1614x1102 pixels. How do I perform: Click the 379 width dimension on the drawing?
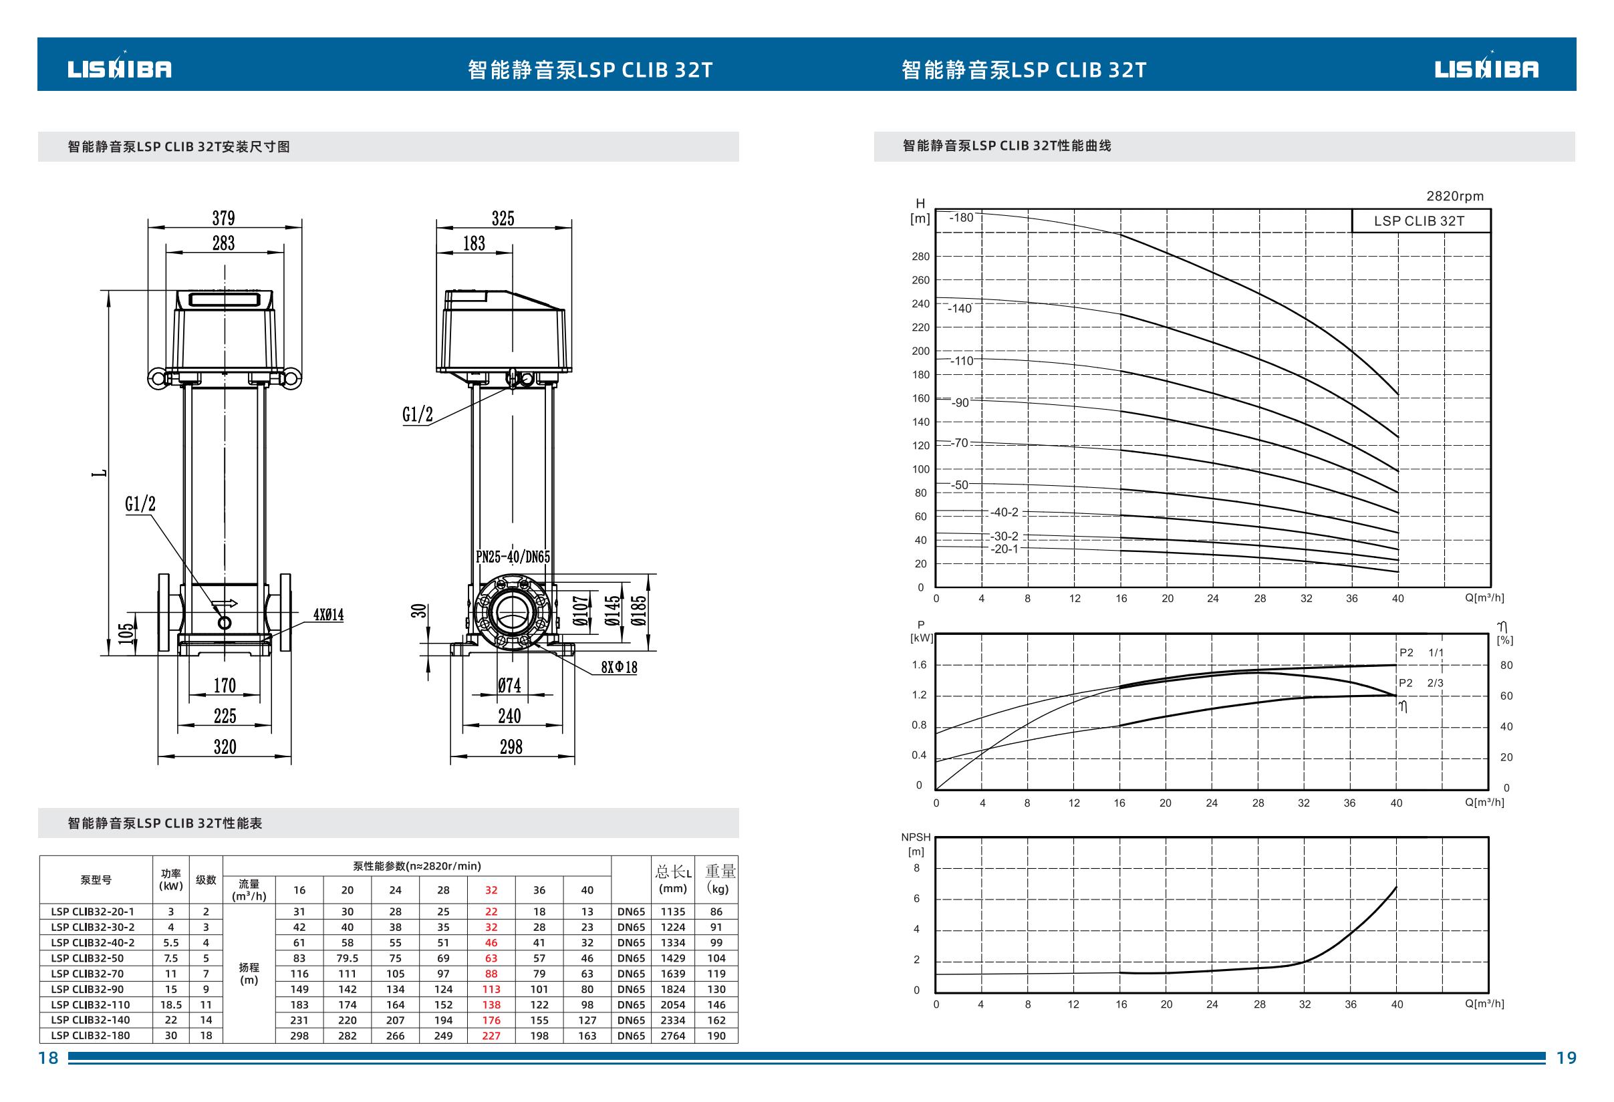(x=224, y=218)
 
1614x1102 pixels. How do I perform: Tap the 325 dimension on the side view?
(x=503, y=218)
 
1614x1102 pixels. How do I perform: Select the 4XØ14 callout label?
(x=329, y=615)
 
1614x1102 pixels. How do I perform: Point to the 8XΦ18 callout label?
(x=620, y=667)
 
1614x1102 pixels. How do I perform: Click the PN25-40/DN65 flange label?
(x=513, y=557)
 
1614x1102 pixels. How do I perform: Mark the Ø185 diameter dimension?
(x=639, y=611)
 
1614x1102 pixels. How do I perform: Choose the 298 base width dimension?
(x=511, y=746)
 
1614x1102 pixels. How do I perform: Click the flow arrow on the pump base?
(x=225, y=603)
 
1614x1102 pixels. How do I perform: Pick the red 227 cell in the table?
(x=491, y=1035)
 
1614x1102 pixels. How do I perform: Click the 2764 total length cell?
(x=673, y=1035)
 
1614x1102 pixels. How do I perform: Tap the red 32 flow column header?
(x=491, y=889)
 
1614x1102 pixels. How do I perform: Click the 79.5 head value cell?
(x=348, y=958)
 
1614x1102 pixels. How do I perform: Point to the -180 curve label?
(x=961, y=217)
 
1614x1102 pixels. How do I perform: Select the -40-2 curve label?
(x=1004, y=513)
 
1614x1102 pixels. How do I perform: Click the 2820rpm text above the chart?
(x=1455, y=196)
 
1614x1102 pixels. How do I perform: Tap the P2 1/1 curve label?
(x=1421, y=653)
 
